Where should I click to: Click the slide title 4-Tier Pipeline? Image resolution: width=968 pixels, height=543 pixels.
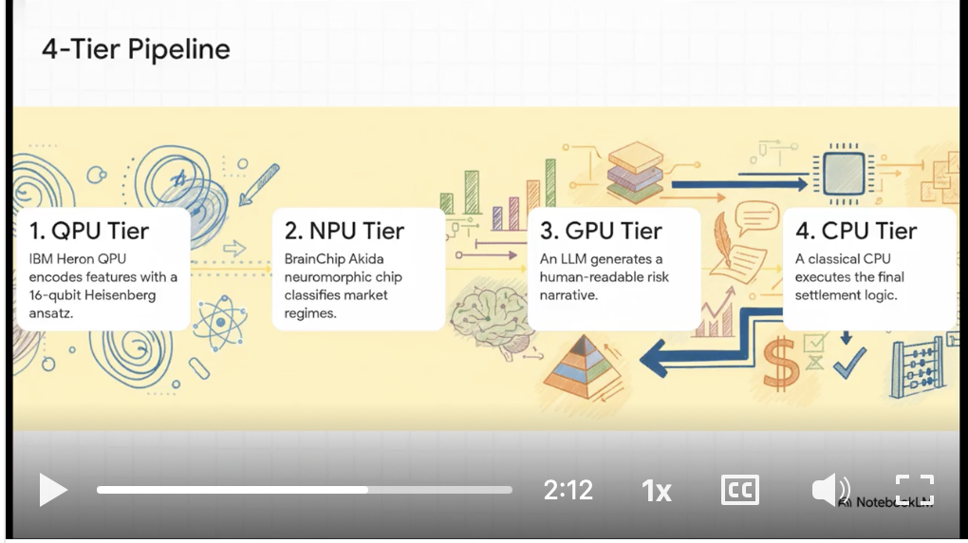click(x=136, y=49)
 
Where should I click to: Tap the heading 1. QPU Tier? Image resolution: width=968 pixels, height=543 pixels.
click(x=89, y=231)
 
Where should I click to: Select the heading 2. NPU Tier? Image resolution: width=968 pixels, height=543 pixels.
click(x=344, y=231)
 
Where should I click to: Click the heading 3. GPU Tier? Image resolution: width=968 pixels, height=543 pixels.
click(x=601, y=231)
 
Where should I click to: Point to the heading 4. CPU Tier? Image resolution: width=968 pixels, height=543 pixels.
click(x=856, y=231)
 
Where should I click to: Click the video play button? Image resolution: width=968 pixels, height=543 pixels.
click(x=52, y=490)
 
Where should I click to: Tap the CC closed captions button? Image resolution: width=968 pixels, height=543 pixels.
click(x=739, y=490)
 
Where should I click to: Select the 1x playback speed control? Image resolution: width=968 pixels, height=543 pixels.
click(x=656, y=491)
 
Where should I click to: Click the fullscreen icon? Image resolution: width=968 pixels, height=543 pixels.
click(x=915, y=490)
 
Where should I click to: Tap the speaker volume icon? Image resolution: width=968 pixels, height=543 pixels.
click(x=829, y=490)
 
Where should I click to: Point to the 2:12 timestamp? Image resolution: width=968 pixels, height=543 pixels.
click(x=568, y=490)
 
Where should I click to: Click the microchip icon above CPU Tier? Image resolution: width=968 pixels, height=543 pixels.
click(x=841, y=174)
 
